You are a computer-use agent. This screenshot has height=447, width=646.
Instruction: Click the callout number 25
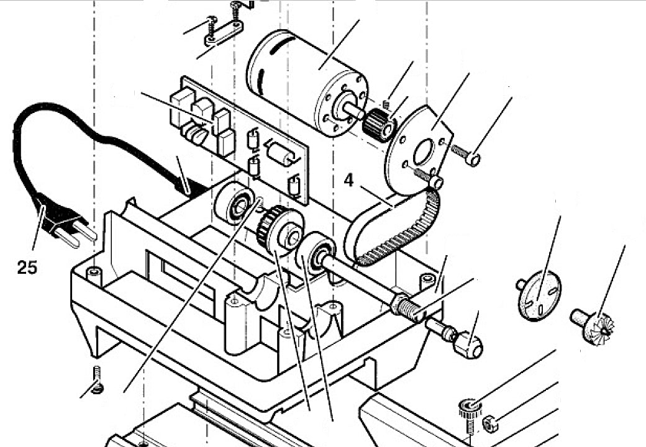27,268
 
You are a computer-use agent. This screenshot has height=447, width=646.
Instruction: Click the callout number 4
348,180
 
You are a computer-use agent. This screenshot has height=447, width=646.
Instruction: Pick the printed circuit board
239,138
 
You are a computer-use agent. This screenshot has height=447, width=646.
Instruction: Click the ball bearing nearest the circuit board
235,204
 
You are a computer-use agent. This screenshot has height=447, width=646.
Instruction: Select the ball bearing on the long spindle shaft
316,254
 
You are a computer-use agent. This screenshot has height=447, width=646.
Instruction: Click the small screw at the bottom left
98,379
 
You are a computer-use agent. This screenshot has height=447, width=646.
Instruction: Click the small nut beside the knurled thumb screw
490,423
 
